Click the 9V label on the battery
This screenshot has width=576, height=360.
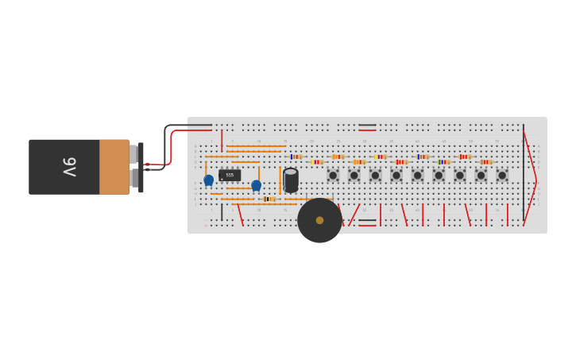(69, 167)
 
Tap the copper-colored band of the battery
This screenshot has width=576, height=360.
(114, 167)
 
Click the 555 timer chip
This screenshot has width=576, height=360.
(230, 175)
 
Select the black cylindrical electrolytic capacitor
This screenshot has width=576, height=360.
(291, 180)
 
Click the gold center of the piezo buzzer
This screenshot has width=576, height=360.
(319, 220)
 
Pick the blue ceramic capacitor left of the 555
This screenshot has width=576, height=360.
(208, 180)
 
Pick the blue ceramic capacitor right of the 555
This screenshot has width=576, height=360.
(256, 185)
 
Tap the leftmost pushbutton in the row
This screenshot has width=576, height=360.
(333, 175)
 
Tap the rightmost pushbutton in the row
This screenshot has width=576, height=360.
(502, 175)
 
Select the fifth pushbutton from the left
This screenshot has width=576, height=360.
(418, 175)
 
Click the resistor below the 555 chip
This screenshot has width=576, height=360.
(269, 199)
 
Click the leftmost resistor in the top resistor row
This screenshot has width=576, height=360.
(296, 157)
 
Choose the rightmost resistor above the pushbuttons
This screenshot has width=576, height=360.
(485, 162)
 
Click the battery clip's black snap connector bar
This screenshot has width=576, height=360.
(141, 167)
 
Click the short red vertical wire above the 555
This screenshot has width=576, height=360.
(222, 140)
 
